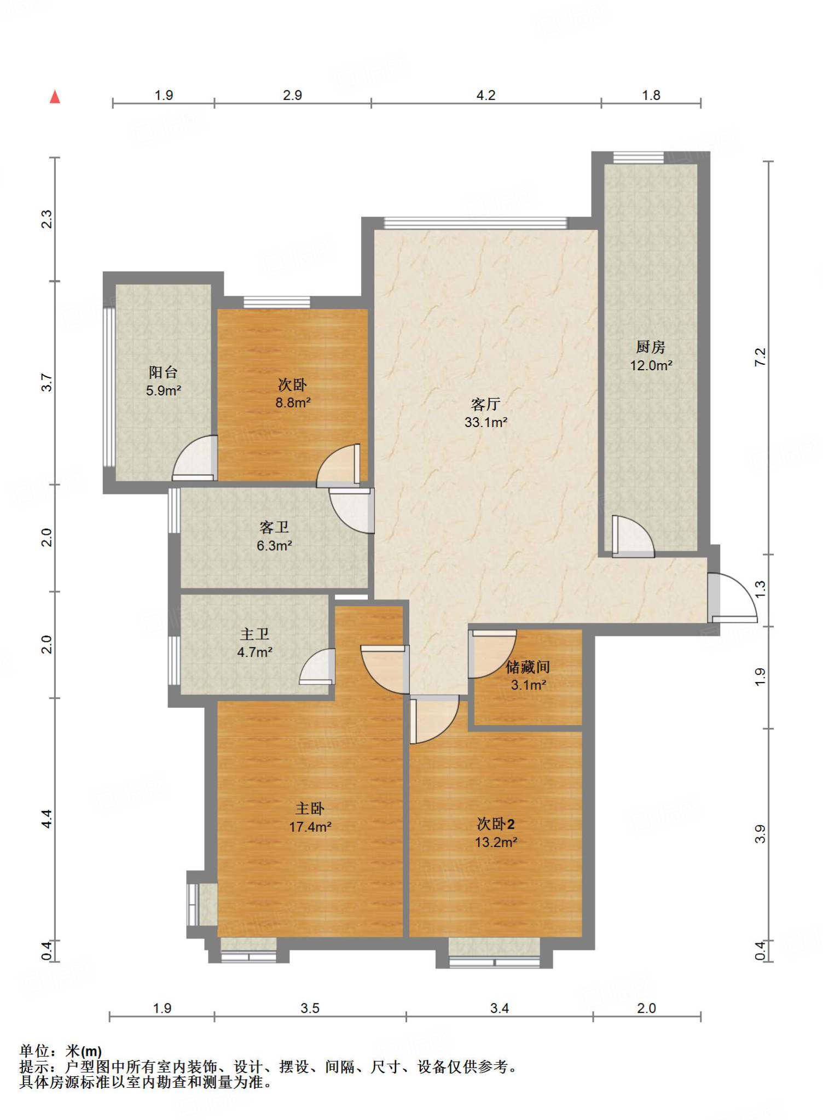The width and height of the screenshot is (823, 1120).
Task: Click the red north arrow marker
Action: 55,97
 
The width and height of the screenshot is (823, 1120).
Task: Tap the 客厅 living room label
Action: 485,404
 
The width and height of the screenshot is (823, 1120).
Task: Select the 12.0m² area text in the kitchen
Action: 651,365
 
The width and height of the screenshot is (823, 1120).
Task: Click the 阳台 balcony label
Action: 163,372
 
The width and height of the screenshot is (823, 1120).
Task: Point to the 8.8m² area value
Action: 293,403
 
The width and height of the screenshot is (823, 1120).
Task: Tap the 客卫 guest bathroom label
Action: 274,527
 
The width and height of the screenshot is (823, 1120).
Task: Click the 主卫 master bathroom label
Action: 254,634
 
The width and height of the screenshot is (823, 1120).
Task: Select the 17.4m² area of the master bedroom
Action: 310,827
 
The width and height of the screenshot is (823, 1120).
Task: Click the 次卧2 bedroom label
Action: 495,824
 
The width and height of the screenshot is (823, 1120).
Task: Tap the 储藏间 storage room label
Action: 528,667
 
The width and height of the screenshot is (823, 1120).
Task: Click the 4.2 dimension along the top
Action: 485,95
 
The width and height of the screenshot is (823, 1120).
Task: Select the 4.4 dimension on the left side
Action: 47,819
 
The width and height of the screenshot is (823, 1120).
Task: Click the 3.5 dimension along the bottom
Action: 310,1008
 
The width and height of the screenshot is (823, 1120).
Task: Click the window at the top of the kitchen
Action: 639,157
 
